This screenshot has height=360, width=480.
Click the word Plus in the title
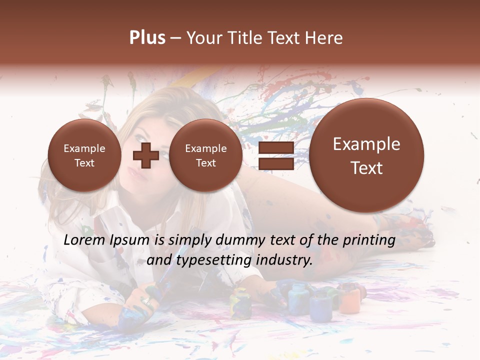pyautogui.click(x=147, y=38)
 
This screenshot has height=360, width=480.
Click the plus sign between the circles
pyautogui.click(x=145, y=155)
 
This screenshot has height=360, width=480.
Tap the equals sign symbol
pyautogui.click(x=276, y=156)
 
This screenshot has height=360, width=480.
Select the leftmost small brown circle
pyautogui.click(x=84, y=155)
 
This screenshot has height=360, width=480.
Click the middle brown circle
pyautogui.click(x=205, y=155)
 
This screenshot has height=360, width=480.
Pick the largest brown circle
pyautogui.click(x=366, y=155)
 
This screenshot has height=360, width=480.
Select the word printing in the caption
pyautogui.click(x=369, y=240)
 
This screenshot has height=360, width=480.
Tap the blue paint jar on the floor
pyautogui.click(x=298, y=299)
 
